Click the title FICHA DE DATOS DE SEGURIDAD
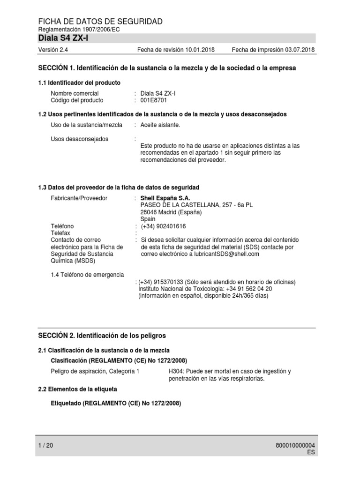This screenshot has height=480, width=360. [x=100, y=22]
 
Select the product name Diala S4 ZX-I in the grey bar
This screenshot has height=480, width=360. [x=63, y=38]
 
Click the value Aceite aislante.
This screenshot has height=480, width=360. [x=160, y=125]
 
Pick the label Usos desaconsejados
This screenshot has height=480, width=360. [x=79, y=139]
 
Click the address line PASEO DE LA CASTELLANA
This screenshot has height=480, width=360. [x=196, y=205]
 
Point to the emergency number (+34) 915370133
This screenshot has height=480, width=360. [x=160, y=282]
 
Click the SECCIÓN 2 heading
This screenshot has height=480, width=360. [x=102, y=336]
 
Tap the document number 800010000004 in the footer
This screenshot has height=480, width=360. [x=296, y=446]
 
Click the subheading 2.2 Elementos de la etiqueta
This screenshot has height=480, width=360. [x=77, y=389]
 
